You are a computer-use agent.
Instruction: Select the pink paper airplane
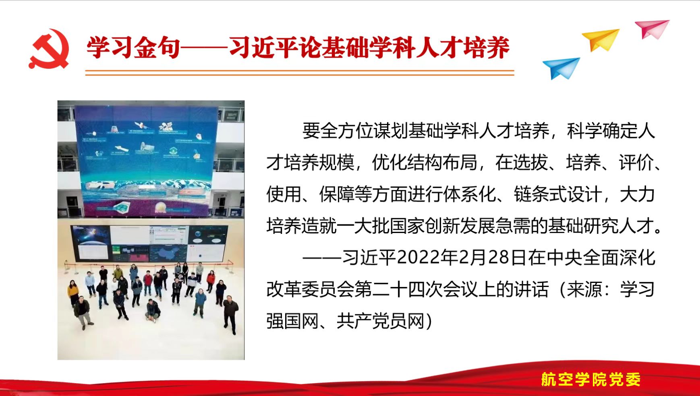click(x=652, y=29)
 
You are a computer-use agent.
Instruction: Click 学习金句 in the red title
click(x=133, y=47)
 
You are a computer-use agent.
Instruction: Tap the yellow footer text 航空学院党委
click(x=591, y=379)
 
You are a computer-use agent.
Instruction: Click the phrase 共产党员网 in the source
click(x=381, y=321)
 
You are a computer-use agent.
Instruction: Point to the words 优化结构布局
click(x=425, y=162)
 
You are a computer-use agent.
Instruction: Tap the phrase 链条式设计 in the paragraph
click(x=557, y=194)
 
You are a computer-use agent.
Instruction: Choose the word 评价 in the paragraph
click(x=636, y=162)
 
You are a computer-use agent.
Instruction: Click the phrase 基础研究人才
click(x=601, y=226)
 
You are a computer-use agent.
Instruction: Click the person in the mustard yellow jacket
click(x=73, y=292)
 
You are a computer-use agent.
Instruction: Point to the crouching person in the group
click(x=153, y=310)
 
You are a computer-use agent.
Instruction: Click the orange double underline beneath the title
click(x=300, y=72)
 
